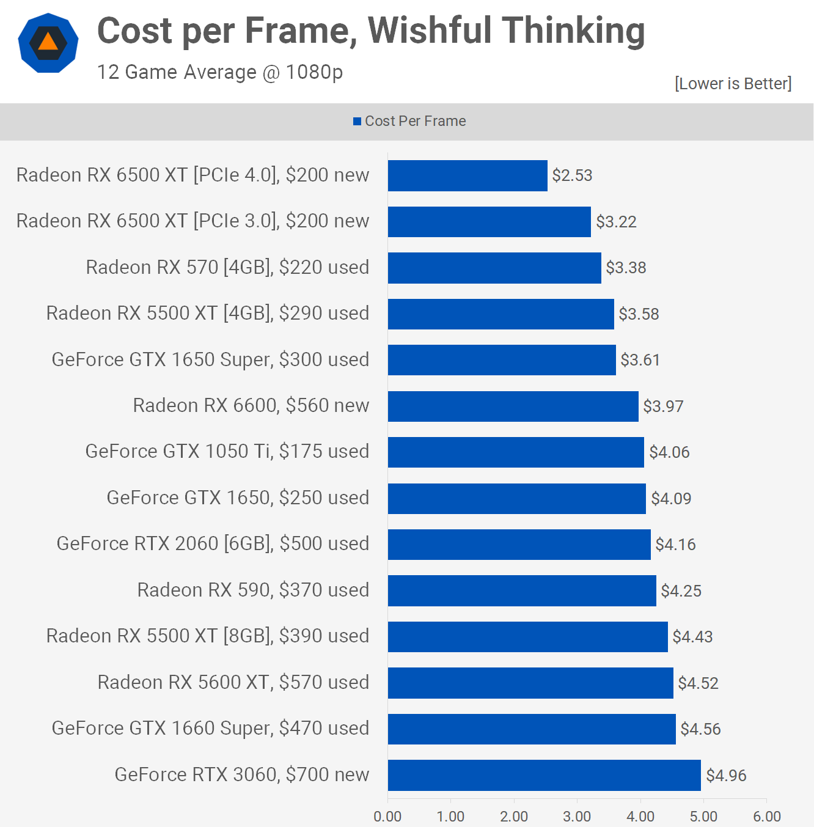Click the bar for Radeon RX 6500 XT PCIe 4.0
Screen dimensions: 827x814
pyautogui.click(x=468, y=175)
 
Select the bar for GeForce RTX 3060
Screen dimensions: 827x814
pyautogui.click(x=544, y=775)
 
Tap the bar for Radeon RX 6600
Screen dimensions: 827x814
pyautogui.click(x=513, y=406)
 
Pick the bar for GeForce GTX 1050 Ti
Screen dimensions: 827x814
pyautogui.click(x=516, y=452)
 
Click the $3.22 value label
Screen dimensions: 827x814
pyautogui.click(x=616, y=222)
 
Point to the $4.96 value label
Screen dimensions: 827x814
pyautogui.click(x=726, y=776)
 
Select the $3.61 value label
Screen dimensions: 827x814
pyautogui.click(x=640, y=360)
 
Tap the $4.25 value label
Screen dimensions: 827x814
pyautogui.click(x=681, y=591)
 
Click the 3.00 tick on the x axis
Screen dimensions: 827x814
pyautogui.click(x=577, y=817)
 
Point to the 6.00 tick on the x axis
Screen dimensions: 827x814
pyautogui.click(x=767, y=817)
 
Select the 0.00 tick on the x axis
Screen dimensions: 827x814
pyautogui.click(x=387, y=817)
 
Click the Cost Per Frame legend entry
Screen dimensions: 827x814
pyautogui.click(x=409, y=121)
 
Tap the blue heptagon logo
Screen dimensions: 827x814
pyautogui.click(x=48, y=43)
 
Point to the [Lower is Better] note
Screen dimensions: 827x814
pyautogui.click(x=733, y=83)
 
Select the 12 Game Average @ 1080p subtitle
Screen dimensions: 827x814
pyautogui.click(x=220, y=72)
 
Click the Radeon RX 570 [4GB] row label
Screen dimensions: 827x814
pyautogui.click(x=227, y=267)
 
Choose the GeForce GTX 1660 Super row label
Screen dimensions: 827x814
pyautogui.click(x=210, y=728)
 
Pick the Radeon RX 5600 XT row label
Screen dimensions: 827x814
pyautogui.click(x=233, y=682)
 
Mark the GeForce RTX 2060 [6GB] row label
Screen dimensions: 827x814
pyautogui.click(x=213, y=543)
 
